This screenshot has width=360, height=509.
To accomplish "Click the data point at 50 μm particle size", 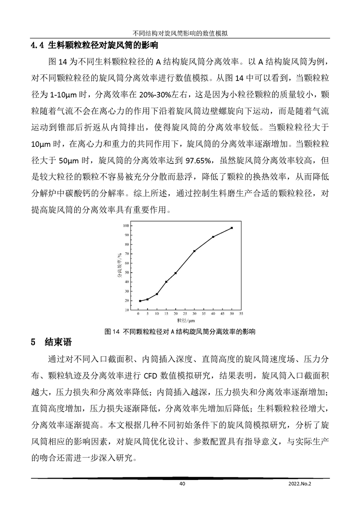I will pos(232,228).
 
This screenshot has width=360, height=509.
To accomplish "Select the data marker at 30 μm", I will pos(194,251).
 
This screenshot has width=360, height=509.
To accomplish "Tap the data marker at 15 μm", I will pos(166,282).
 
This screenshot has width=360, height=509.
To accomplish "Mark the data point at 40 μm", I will pos(213,237).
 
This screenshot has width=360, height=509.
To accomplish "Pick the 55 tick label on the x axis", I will pos(241,313).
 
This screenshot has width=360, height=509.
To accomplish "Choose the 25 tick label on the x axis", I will pos(185,313).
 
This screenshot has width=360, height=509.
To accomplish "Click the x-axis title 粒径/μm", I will pos(185,320).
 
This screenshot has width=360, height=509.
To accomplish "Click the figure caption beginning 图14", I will pos(180,331).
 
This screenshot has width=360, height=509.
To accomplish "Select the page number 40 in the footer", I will pos(182,485).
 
